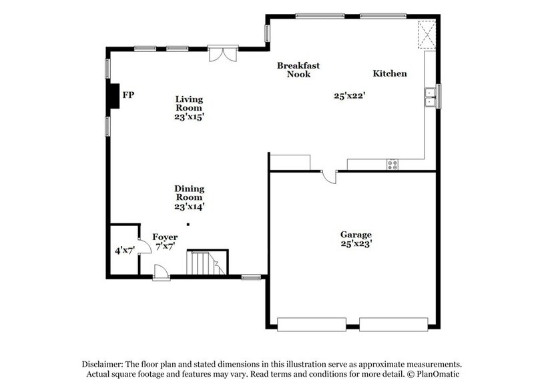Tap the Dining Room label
click(189, 197)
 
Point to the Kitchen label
click(389, 74)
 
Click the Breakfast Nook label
click(298, 70)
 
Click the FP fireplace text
click(128, 96)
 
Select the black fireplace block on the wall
click(113, 95)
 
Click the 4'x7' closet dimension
click(124, 251)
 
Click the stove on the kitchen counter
click(392, 164)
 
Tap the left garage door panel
click(311, 325)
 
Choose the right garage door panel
click(392, 325)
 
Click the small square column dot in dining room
click(189, 224)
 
